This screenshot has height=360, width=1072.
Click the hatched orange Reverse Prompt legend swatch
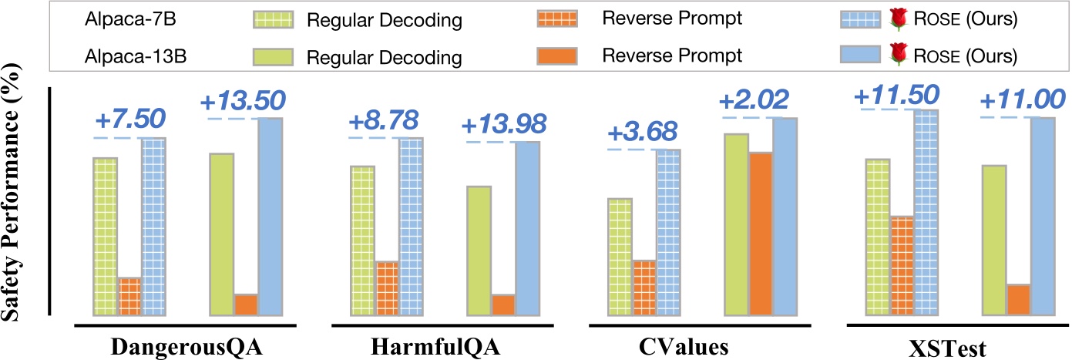pyautogui.click(x=555, y=20)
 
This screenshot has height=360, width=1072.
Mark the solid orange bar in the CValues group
pyautogui.click(x=761, y=234)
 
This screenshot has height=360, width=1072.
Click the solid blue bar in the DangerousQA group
pyautogui.click(x=270, y=217)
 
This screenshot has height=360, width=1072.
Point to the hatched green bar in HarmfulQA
pyautogui.click(x=362, y=241)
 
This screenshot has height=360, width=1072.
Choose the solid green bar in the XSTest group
pyautogui.click(x=994, y=240)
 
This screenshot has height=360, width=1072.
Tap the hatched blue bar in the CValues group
pyautogui.click(x=669, y=232)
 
